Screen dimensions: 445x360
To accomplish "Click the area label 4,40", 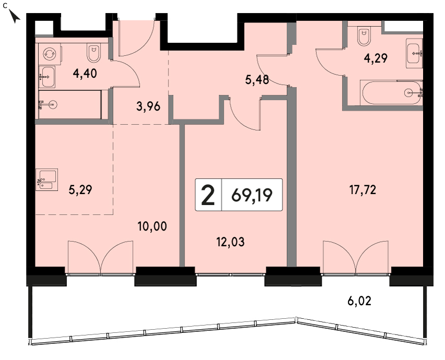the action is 85,74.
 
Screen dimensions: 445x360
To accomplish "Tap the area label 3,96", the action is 148,107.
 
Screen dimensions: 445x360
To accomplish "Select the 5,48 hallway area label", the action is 257,80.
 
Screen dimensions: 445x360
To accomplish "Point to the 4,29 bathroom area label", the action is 376,58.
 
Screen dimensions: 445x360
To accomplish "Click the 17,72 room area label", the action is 363,190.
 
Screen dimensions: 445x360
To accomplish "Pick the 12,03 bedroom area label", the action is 230,242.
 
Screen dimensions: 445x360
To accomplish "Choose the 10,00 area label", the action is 152,226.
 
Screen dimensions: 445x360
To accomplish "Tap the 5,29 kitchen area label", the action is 80,190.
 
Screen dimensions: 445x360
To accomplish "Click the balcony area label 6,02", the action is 359,301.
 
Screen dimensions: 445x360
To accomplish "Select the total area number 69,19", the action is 252,195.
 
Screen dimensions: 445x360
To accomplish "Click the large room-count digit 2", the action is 208,195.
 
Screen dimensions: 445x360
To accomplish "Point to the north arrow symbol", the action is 15,16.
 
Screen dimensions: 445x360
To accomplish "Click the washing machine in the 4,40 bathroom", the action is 50,54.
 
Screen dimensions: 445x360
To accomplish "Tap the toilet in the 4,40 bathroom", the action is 93,54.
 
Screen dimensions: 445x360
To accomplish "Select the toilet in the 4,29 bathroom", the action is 364,37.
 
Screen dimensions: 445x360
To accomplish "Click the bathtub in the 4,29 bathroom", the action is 392,93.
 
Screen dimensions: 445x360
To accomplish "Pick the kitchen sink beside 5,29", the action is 47,179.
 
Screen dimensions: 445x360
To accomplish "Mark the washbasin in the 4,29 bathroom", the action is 414,53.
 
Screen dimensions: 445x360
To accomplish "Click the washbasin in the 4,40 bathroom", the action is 47,77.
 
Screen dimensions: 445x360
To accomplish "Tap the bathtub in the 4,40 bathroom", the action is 70,104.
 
